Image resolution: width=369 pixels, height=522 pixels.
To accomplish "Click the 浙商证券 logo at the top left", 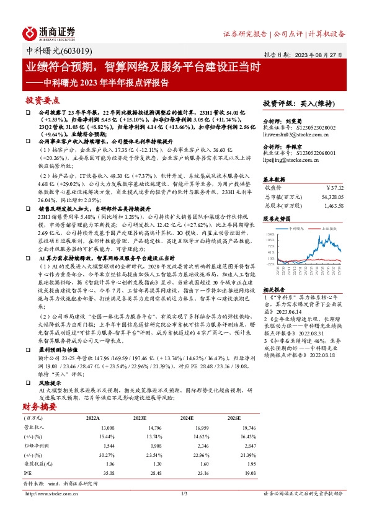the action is pos(49,32).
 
